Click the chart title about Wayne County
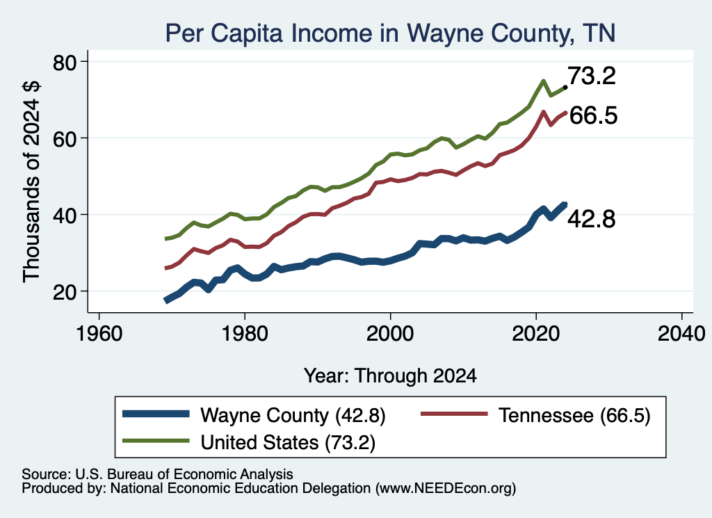(390, 33)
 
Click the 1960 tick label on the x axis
(99, 334)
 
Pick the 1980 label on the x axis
(245, 334)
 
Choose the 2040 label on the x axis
(681, 334)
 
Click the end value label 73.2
(592, 75)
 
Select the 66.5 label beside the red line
(593, 115)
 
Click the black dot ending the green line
(565, 87)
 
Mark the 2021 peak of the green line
(543, 81)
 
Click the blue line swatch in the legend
(156, 414)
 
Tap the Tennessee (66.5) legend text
(574, 415)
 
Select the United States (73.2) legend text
(288, 442)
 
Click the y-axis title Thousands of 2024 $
(32, 182)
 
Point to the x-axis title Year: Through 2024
(390, 376)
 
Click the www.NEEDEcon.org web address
(446, 489)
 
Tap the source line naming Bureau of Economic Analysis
(157, 474)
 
